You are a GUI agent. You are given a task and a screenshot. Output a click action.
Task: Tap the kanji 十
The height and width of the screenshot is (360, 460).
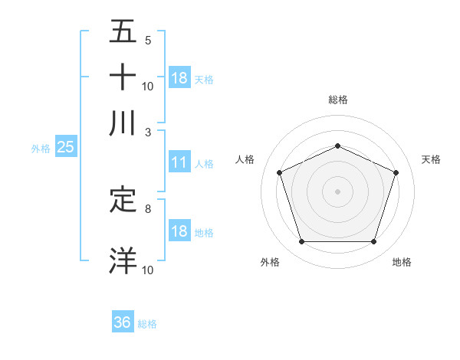[x=123, y=78]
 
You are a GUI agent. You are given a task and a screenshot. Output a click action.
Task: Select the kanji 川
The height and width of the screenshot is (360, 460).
[x=123, y=123]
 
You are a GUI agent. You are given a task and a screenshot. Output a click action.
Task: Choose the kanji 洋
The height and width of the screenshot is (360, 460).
[x=123, y=260]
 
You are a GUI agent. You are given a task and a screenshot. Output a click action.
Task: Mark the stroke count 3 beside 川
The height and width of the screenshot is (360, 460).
[x=148, y=131]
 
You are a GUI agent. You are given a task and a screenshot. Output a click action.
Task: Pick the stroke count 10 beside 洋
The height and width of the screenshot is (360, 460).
[x=148, y=270]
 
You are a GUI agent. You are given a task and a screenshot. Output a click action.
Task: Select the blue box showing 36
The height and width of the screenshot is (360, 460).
[x=122, y=322]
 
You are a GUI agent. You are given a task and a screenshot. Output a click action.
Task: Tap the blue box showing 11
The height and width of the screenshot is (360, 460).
[x=179, y=162]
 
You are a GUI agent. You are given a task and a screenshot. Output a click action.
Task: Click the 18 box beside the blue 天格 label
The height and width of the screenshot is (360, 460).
[x=179, y=78]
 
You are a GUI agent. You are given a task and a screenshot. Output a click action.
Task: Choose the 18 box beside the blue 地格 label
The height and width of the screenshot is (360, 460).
[x=179, y=231]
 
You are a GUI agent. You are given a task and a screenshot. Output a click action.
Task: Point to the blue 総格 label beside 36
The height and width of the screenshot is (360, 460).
[x=147, y=324]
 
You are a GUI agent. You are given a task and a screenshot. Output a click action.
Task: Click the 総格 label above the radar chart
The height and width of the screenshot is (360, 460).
[x=337, y=100]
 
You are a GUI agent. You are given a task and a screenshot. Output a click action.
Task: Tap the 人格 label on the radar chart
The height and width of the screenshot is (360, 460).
[x=245, y=159]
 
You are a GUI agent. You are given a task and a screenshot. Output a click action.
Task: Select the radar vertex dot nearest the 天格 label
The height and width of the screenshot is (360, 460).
[x=396, y=172]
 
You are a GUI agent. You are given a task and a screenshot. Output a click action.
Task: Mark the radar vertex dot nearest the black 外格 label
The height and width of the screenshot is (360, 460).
[x=301, y=242]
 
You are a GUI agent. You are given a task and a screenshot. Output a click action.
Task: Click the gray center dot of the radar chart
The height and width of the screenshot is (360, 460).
[x=337, y=191]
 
